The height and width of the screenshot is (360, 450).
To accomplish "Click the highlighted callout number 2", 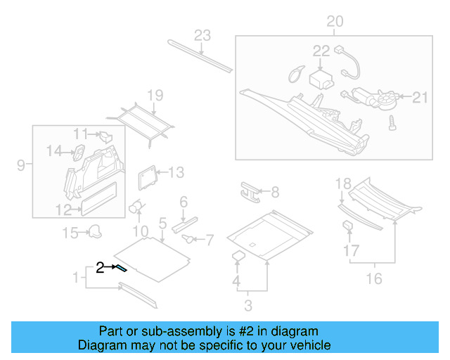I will [101, 267].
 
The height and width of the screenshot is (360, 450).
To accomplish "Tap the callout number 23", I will [202, 36].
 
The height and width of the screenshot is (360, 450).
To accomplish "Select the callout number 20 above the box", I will [335, 22].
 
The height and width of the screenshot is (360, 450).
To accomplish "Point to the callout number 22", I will [321, 51].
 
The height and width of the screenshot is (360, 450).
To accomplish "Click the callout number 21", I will [420, 98].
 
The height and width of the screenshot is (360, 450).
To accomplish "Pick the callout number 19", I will [155, 96].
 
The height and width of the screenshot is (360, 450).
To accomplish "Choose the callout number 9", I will [21, 166].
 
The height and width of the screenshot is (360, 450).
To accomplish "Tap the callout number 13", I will [175, 172].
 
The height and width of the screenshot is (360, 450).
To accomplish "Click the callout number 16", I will [374, 279].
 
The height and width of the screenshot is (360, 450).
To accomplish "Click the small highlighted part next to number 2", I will [122, 268].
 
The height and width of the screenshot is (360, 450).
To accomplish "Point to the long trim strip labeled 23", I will [200, 56].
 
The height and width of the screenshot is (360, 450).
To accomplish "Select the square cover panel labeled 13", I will [147, 176].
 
